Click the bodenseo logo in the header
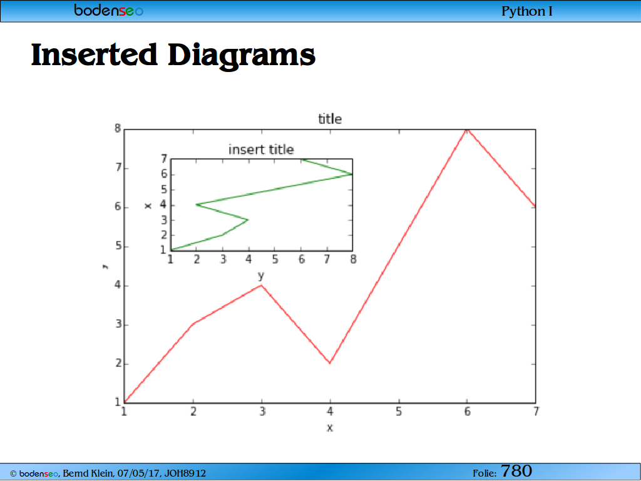109,10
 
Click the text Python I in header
527,11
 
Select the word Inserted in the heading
95,54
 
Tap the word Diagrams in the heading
242,56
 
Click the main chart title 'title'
330,119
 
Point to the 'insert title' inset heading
261,150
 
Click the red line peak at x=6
467,130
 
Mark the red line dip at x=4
330,363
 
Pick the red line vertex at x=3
261,285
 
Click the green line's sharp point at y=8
352,174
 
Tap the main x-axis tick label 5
399,411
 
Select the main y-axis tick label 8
118,129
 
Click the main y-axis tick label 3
118,325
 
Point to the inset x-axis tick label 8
353,259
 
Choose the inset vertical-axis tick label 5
164,190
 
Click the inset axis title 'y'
261,276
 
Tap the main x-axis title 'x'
330,428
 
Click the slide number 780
516,471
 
